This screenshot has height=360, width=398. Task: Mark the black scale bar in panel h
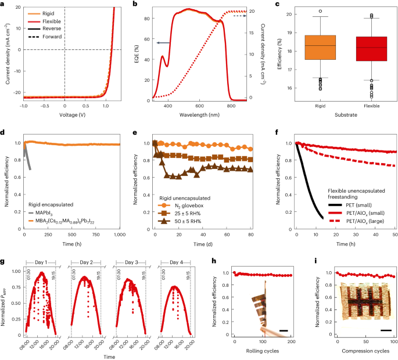click(284, 331)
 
